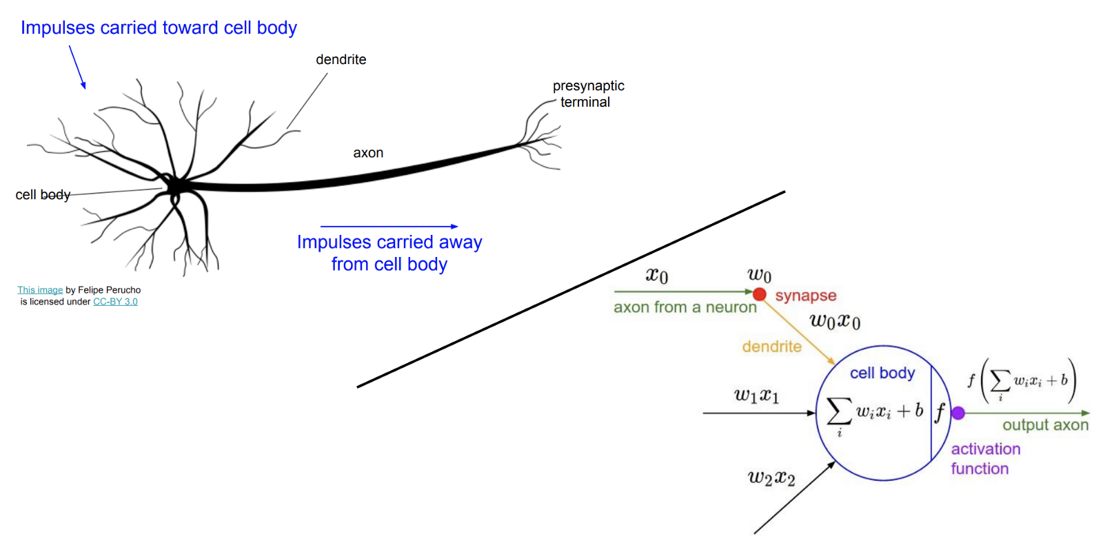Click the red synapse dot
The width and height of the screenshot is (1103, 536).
(x=759, y=294)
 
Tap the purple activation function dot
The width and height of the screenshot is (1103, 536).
(x=958, y=413)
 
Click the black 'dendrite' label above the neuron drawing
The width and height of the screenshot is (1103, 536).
(x=341, y=60)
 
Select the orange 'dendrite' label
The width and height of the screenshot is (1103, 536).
(x=771, y=347)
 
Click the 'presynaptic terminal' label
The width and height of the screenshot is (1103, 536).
(x=587, y=94)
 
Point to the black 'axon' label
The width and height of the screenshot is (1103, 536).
(x=368, y=153)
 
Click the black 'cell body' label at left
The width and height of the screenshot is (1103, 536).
(x=43, y=195)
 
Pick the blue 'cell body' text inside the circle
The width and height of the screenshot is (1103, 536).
(x=882, y=373)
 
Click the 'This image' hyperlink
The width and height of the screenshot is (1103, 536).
(x=40, y=290)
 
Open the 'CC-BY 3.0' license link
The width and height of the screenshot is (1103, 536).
(x=115, y=302)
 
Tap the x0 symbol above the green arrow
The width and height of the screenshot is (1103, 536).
(x=656, y=276)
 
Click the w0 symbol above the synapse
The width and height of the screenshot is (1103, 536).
(x=759, y=275)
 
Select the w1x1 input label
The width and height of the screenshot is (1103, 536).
(x=756, y=396)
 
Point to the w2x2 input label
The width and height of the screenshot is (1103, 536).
(x=771, y=477)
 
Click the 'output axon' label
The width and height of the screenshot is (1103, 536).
(x=1045, y=425)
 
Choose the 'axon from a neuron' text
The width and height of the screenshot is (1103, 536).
(x=685, y=307)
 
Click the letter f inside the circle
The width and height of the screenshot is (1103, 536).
(x=940, y=413)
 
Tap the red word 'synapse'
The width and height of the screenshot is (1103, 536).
(x=805, y=296)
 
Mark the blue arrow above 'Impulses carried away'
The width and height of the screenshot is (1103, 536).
(x=389, y=226)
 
